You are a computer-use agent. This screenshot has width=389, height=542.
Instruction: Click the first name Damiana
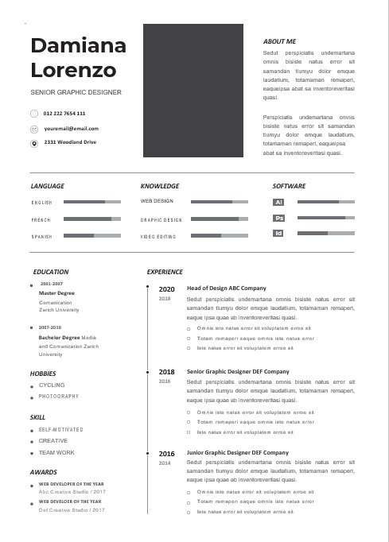[78, 45]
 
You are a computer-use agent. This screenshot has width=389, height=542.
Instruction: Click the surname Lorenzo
[73, 70]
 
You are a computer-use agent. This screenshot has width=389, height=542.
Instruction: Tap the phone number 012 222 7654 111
[64, 114]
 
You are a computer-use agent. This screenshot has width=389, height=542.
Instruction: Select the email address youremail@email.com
[72, 128]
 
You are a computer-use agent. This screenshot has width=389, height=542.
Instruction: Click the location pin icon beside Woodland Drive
[34, 143]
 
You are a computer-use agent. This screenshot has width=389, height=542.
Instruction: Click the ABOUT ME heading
[279, 41]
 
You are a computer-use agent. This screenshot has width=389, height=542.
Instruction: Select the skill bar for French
[91, 219]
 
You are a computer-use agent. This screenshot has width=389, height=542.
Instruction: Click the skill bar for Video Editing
[220, 236]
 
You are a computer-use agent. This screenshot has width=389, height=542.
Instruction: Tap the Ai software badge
[278, 203]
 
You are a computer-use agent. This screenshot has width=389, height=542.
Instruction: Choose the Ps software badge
[278, 218]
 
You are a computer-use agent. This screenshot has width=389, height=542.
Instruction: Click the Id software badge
[278, 233]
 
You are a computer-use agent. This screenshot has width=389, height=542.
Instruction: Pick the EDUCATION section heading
[51, 272]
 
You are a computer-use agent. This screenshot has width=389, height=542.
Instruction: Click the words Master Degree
[56, 293]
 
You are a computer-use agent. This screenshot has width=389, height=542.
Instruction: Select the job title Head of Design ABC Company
[226, 288]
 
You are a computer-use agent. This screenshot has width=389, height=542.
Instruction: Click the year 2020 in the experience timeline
[167, 289]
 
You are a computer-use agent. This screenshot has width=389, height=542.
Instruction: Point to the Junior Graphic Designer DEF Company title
[238, 453]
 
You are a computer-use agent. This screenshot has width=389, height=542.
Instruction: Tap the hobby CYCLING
[52, 385]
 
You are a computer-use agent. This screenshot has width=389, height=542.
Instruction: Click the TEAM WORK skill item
[56, 452]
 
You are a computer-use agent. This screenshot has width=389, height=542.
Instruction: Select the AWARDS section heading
[44, 472]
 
